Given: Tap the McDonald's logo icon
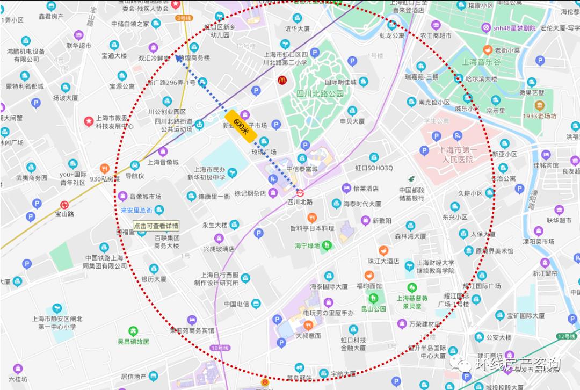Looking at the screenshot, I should pos(281,81).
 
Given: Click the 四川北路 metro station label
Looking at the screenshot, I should pos(300,202).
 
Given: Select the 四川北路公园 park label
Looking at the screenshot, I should pos(320,93).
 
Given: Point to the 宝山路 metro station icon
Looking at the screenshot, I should pos(65,205).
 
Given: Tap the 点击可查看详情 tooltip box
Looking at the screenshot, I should pos(156,226).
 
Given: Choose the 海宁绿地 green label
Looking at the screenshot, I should pos(307,245).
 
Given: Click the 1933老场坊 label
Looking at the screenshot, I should pos(540,115).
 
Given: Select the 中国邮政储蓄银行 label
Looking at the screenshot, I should pos(412,194).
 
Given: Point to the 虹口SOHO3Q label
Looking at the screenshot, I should pos(374,168).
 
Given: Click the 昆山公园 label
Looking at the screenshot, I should pos(373,309).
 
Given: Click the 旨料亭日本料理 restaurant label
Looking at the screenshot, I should pos(312,228).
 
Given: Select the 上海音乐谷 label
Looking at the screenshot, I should pos(481,62).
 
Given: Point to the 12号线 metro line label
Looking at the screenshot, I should pos(565,336).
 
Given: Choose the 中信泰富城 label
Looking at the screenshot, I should pos(302,168).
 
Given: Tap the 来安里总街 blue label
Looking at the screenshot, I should pos(136,210).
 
